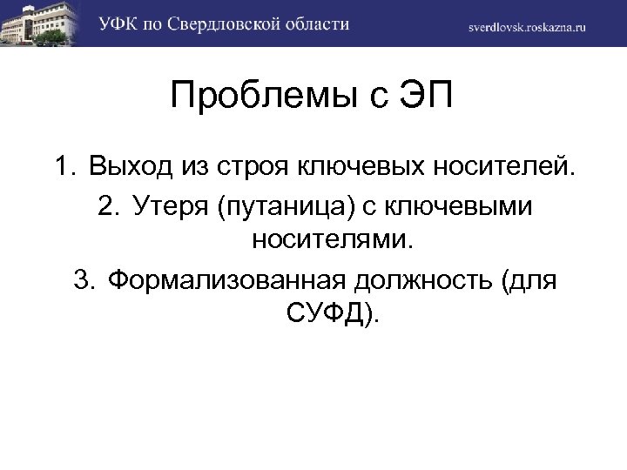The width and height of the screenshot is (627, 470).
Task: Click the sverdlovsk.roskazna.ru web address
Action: click(x=527, y=26)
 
